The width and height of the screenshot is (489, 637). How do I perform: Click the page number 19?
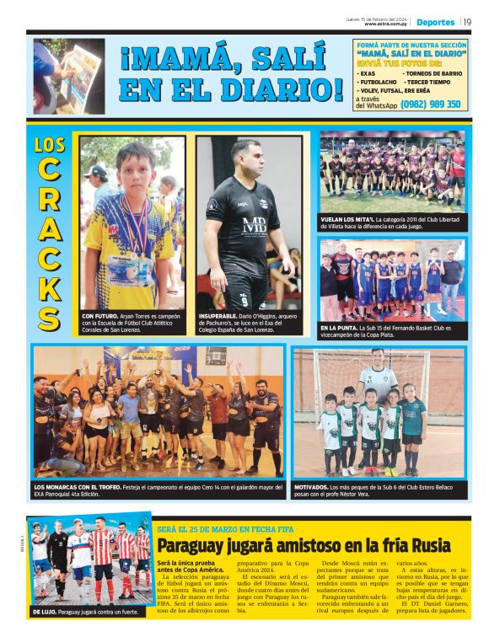coord(466,22)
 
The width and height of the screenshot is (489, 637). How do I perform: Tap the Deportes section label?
coord(435,22)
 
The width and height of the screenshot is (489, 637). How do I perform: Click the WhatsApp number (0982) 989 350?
coord(431,104)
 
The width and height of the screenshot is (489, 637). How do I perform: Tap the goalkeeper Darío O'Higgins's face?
coord(247,160)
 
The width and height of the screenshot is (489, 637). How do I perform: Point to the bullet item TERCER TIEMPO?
coord(429,82)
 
